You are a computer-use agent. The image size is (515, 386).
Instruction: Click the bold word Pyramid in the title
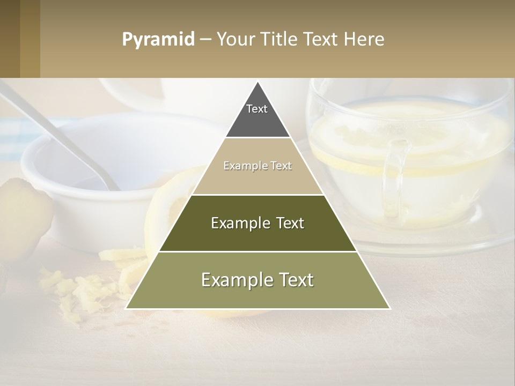point(158,40)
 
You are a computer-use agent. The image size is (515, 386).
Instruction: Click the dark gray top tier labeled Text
point(257,116)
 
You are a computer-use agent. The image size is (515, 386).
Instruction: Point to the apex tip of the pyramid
point(257,83)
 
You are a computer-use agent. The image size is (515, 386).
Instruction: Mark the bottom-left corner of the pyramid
point(127,308)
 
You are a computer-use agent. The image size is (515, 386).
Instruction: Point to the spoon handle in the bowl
point(59,134)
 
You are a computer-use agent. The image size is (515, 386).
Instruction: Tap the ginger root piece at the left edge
point(21,214)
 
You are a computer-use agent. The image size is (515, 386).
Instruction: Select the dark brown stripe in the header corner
point(10,39)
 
